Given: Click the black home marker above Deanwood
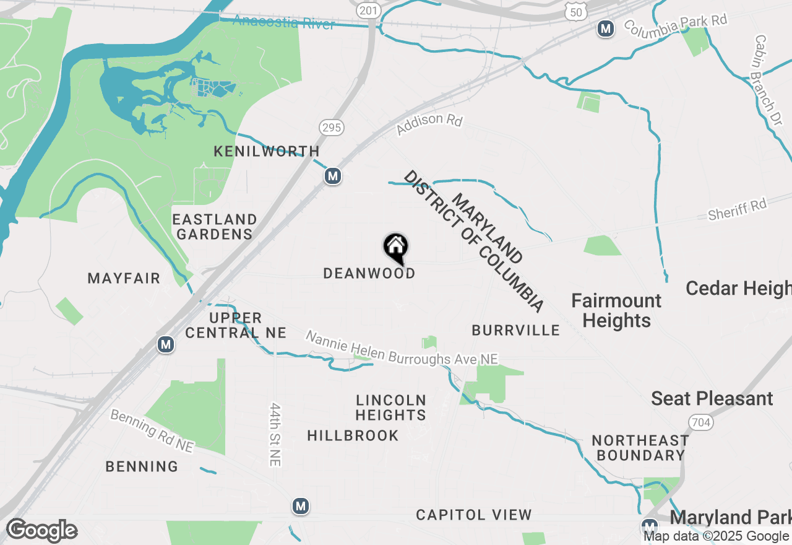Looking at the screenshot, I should tap(396, 248).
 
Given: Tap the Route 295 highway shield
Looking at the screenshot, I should tap(332, 128).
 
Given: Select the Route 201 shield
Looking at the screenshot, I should tap(368, 11).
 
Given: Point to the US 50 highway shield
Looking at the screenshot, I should tap(574, 9).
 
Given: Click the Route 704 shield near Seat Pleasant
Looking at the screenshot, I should tap(700, 423).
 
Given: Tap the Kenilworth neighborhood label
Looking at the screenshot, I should tap(267, 151).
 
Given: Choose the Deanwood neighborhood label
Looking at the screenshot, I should tap(369, 273).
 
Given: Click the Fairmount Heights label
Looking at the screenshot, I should tap(616, 311).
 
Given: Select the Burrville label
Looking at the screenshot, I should tap(515, 330).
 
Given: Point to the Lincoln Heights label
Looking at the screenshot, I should tap(391, 408).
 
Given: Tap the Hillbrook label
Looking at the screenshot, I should tap(353, 435).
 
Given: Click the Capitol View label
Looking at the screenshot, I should tap(473, 515).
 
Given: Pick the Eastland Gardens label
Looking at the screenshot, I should tap(214, 227).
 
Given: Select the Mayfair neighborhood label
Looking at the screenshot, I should tap(124, 278).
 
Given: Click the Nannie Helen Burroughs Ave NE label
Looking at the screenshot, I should tap(402, 348).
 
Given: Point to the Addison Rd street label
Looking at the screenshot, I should tap(429, 124).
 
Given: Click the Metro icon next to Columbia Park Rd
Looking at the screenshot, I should tap(606, 28).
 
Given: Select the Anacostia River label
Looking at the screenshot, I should tap(284, 23).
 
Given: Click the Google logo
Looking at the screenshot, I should tap(42, 531).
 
